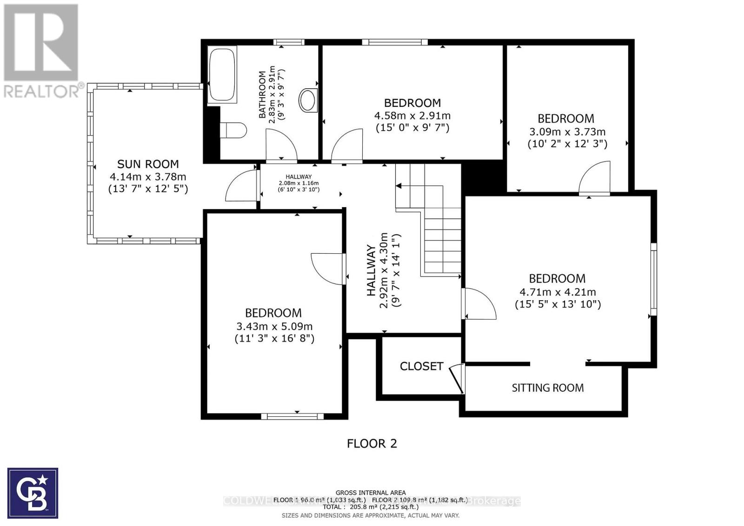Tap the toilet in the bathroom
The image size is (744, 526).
point(232,130)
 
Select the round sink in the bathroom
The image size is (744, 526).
point(308,99)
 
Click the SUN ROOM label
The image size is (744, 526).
point(148,164)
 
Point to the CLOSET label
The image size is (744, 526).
point(421,366)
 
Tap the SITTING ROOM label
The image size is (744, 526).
point(547,388)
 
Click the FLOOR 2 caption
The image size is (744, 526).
point(372,444)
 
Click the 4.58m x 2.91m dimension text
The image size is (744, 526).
point(412,115)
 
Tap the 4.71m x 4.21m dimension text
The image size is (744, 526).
point(558,292)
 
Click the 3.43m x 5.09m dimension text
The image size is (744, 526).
point(274,326)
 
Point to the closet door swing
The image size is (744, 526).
point(458,377)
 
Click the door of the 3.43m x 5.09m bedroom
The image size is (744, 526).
point(328,269)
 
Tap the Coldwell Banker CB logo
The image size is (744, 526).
point(33,493)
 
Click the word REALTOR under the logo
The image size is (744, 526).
point(42,91)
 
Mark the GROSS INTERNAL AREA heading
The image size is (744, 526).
point(371,493)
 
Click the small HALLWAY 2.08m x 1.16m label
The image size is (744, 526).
point(299,183)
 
